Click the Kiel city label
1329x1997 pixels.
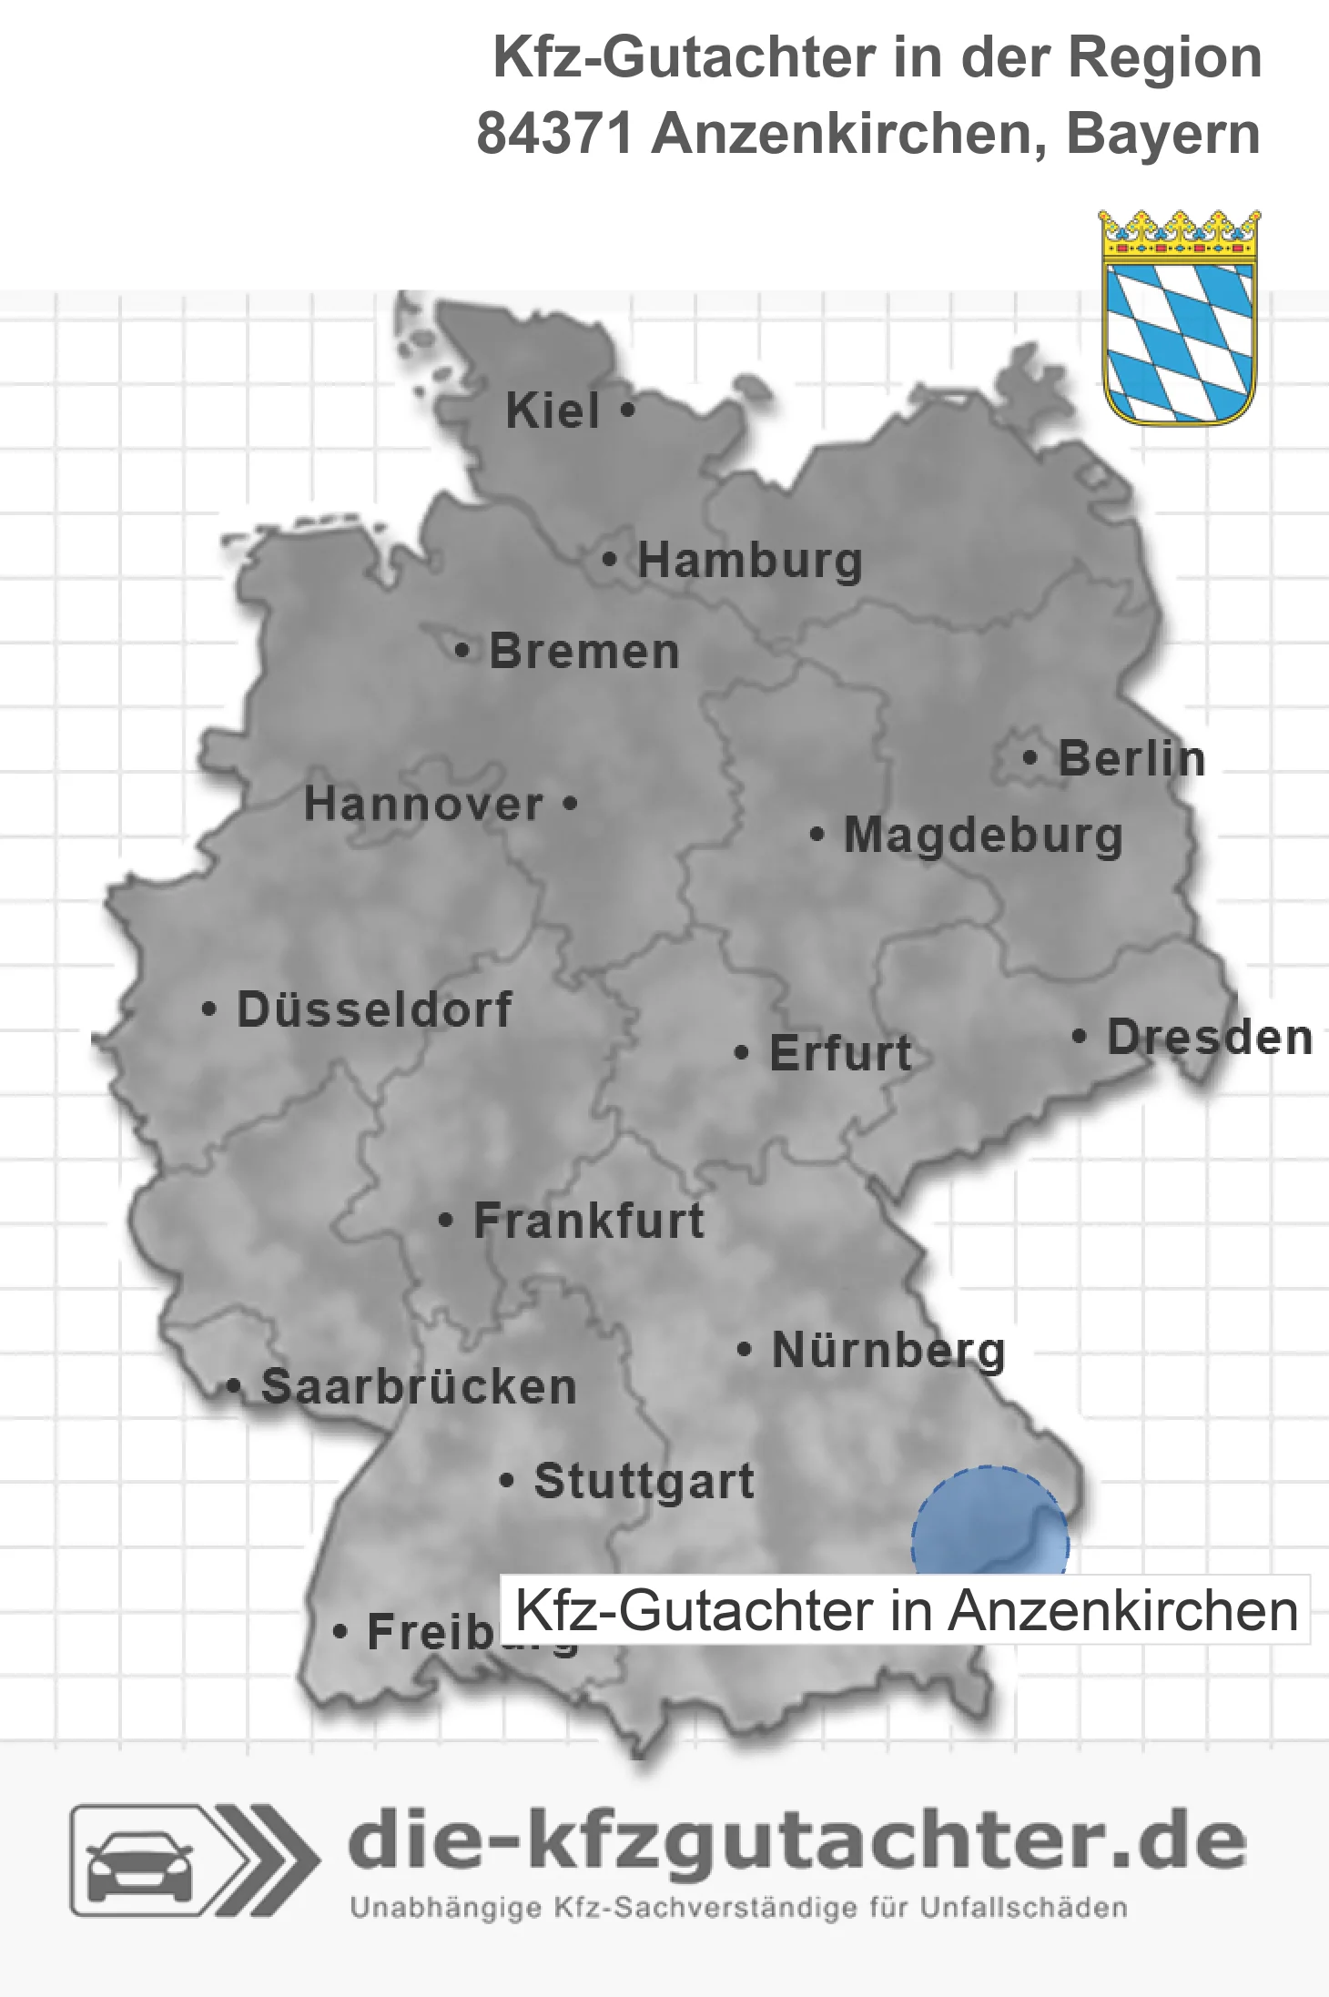553,411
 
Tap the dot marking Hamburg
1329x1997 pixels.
609,560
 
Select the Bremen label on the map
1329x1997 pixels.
584,652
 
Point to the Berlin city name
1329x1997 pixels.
1131,759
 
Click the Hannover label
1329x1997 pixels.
423,805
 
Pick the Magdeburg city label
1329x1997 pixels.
983,836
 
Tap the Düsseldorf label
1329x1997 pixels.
374,1009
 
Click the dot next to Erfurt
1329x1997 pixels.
742,1053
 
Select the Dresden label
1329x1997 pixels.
1210,1038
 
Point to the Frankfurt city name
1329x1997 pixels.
589,1221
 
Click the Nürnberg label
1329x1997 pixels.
888,1350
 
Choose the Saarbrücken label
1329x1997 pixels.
419,1387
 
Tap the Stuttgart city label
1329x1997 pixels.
644,1481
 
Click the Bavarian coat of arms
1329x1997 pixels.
1180,318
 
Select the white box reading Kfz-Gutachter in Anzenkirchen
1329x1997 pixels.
906,1610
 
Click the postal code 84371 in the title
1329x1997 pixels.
554,134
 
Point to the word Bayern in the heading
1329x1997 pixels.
1162,134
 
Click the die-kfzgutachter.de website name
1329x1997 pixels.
796,1842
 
